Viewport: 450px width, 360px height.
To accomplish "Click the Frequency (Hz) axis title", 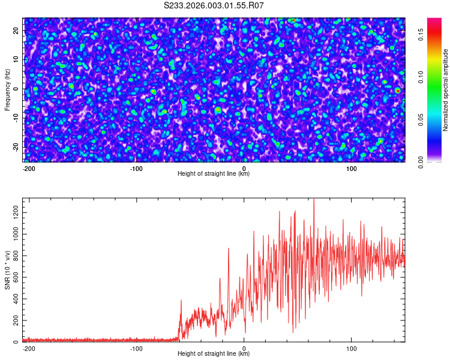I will pos(7,89).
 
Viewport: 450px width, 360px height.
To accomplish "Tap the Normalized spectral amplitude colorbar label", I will pos(446,90).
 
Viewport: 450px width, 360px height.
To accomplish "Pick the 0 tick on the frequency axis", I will pos(17,89).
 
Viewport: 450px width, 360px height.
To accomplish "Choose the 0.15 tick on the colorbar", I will pos(421,35).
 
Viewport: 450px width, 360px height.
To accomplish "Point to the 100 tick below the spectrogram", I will pos(352,169).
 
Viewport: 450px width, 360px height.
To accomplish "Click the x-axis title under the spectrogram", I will pos(214,174).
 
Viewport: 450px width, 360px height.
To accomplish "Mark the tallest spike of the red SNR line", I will pos(314,200).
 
